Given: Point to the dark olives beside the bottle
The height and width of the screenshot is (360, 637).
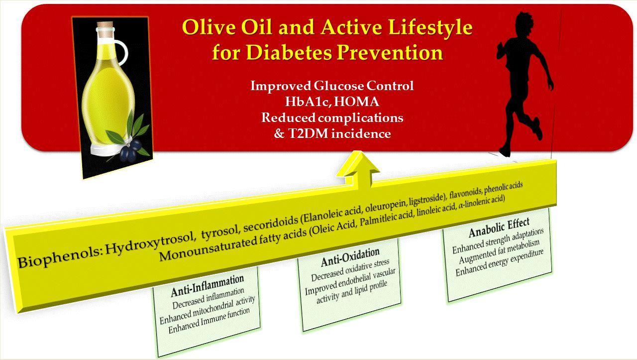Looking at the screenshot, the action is pos(130,149).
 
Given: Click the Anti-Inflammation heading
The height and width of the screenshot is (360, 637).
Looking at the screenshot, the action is pos(208,285).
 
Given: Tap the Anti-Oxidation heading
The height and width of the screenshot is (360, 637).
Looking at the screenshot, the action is pos(350,257).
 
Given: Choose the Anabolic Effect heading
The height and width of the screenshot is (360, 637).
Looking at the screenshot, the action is pos(499,227).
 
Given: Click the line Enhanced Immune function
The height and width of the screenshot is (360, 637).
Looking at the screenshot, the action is pos(209,320).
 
